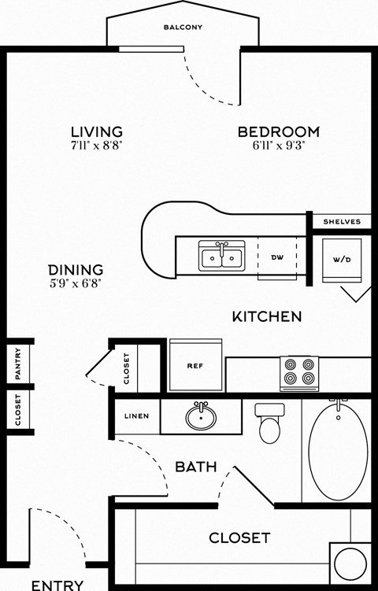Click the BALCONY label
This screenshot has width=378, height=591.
pyautogui.click(x=183, y=28)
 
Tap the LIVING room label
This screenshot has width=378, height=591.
pyautogui.click(x=96, y=131)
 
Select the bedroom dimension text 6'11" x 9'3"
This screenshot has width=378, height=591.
pyautogui.click(x=279, y=146)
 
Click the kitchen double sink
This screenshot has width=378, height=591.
pyautogui.click(x=221, y=257)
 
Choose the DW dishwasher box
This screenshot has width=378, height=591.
pyautogui.click(x=276, y=257)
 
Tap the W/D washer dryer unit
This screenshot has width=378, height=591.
pyautogui.click(x=342, y=260)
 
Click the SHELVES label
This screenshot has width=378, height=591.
pyautogui.click(x=342, y=222)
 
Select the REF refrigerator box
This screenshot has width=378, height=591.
pyautogui.click(x=195, y=365)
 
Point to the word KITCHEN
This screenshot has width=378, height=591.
pyautogui.click(x=267, y=317)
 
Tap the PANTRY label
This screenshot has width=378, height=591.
pyautogui.click(x=17, y=363)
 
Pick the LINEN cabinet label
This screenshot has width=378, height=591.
pyautogui.click(x=137, y=416)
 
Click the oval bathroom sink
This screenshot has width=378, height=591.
pyautogui.click(x=202, y=416)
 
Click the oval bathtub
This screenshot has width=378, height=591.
pyautogui.click(x=338, y=449)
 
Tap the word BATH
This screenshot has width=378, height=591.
pyautogui.click(x=195, y=467)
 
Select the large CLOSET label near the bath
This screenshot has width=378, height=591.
pyautogui.click(x=239, y=538)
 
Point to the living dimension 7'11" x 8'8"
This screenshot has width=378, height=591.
pyautogui.click(x=96, y=146)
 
